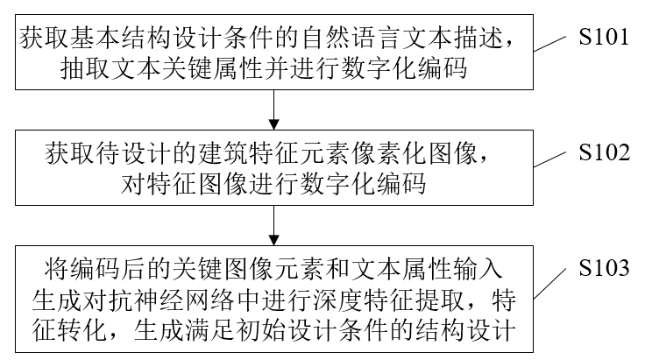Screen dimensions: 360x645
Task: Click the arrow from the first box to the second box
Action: (276, 109)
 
